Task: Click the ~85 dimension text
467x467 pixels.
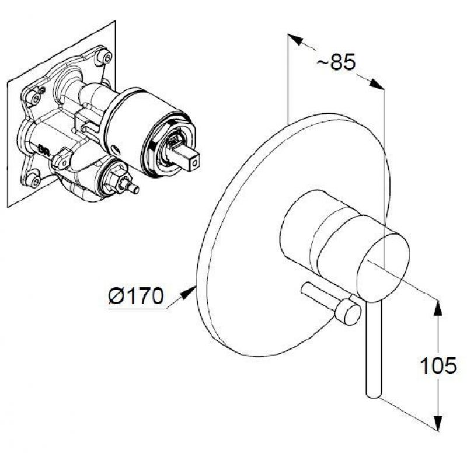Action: coord(336,62)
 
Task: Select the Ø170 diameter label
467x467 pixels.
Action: coord(136,296)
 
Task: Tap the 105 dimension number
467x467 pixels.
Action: coord(438,365)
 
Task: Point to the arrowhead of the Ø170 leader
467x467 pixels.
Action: coord(188,293)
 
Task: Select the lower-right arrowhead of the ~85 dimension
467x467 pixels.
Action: coord(376,83)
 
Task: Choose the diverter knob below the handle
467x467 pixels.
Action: coord(348,311)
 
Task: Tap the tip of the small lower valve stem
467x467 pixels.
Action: coord(135,189)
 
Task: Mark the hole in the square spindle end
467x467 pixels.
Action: coord(194,163)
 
